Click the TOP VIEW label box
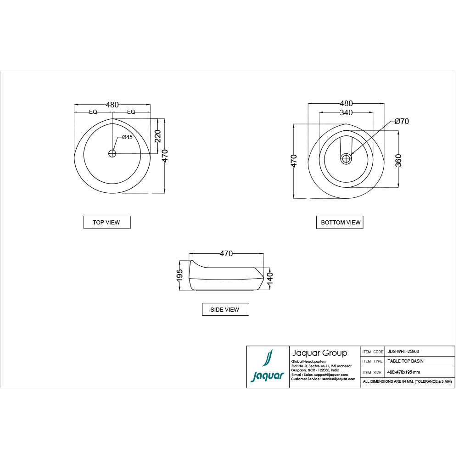[107, 222]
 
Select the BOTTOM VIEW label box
[340, 222]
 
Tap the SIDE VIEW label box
[225, 309]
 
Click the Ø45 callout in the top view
[127, 137]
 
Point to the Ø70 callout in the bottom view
[401, 121]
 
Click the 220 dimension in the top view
[158, 136]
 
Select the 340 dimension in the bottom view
[346, 112]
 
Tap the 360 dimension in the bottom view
[398, 160]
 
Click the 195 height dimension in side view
[179, 275]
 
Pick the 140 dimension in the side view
[270, 278]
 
